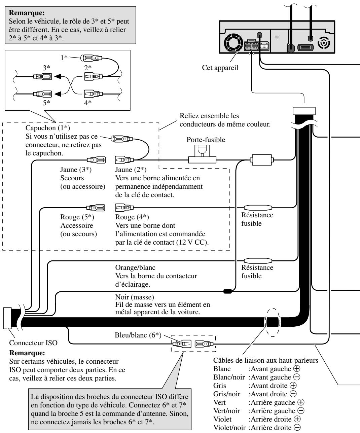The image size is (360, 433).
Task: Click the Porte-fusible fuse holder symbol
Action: pyautogui.click(x=202, y=154)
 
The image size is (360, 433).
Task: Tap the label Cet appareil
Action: pyautogui.click(x=220, y=68)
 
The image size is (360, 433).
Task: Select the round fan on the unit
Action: pyautogui.click(x=234, y=43)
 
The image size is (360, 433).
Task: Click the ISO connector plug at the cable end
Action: pyautogui.click(x=7, y=318)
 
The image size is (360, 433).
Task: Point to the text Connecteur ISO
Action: pyautogui.click(x=33, y=342)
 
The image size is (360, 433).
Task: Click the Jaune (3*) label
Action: pyautogui.click(x=76, y=170)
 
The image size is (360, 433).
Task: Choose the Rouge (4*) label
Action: pyautogui.click(x=132, y=217)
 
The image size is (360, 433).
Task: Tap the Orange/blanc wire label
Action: pyautogui.click(x=135, y=267)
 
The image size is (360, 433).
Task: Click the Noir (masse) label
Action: pyautogui.click(x=135, y=297)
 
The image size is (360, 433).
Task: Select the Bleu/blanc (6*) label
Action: pyautogui.click(x=138, y=335)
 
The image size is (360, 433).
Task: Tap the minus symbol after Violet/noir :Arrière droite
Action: pyautogui.click(x=297, y=427)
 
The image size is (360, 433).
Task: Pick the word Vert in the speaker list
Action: pyautogui.click(x=219, y=402)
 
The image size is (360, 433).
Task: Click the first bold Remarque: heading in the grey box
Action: pyautogui.click(x=27, y=13)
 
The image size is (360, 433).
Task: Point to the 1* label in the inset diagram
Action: pyautogui.click(x=64, y=58)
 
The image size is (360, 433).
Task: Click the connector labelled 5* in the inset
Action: pyautogui.click(x=42, y=94)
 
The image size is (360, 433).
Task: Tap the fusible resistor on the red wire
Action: pyautogui.click(x=258, y=208)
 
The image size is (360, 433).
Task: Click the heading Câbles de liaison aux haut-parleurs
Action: pyautogui.click(x=266, y=360)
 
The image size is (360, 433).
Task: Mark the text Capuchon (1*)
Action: pyautogui.click(x=48, y=128)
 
